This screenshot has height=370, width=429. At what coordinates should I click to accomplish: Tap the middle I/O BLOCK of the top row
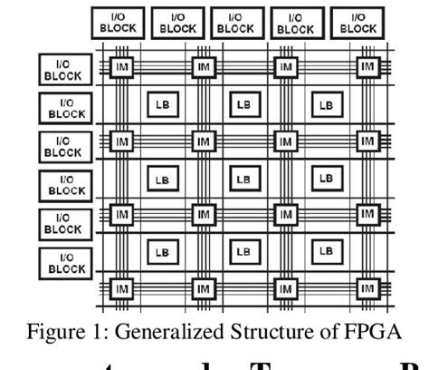coord(237,23)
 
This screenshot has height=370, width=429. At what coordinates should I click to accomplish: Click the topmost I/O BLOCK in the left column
coord(66,70)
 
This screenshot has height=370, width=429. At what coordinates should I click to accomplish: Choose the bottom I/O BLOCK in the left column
coord(66,264)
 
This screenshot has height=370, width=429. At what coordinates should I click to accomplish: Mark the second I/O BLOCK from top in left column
coord(66,109)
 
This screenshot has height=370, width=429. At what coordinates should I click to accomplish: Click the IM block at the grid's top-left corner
coord(120,67)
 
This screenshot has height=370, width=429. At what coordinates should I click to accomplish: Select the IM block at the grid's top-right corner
coord(367,67)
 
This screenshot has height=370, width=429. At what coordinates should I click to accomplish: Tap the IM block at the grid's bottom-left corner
coord(120,288)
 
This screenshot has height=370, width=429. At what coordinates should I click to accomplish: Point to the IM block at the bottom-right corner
coord(367,288)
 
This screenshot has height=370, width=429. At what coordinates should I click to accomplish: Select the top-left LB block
coord(162,103)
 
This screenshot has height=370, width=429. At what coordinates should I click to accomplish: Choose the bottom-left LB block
coord(162,250)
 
